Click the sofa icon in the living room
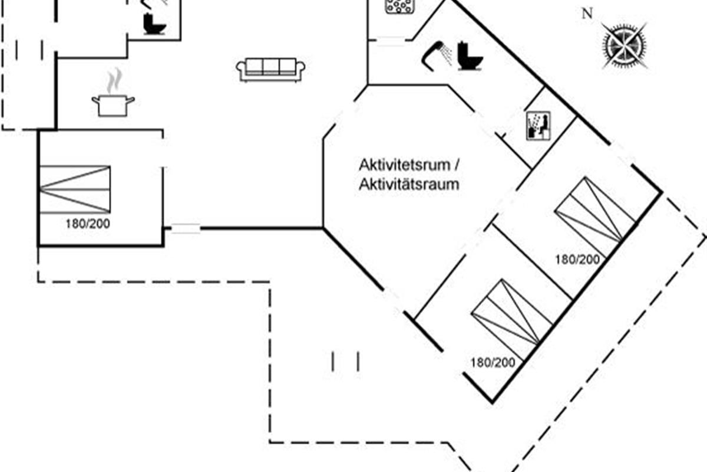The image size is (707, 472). click(x=271, y=70)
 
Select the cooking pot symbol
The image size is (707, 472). click(x=113, y=104)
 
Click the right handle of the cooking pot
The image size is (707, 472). click(x=131, y=99)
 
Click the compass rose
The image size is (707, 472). click(x=625, y=45)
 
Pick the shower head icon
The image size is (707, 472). click(x=437, y=52)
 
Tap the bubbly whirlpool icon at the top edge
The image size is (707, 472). click(x=400, y=6)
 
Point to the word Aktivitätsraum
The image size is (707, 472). click(x=408, y=184)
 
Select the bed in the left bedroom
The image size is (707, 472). click(x=75, y=189)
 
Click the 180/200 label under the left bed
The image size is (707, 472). click(x=88, y=224)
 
